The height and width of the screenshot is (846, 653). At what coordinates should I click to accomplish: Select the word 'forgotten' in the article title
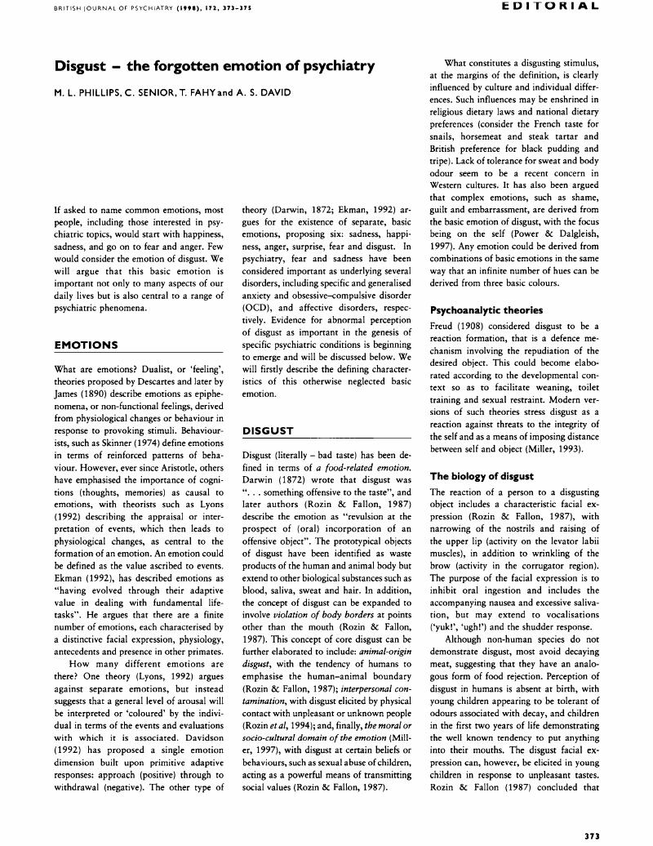coord(182,65)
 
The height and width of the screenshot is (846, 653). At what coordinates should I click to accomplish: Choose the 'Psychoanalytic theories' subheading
coord(486,310)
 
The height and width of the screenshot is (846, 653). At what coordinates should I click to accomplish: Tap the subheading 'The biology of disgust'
coord(481,475)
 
